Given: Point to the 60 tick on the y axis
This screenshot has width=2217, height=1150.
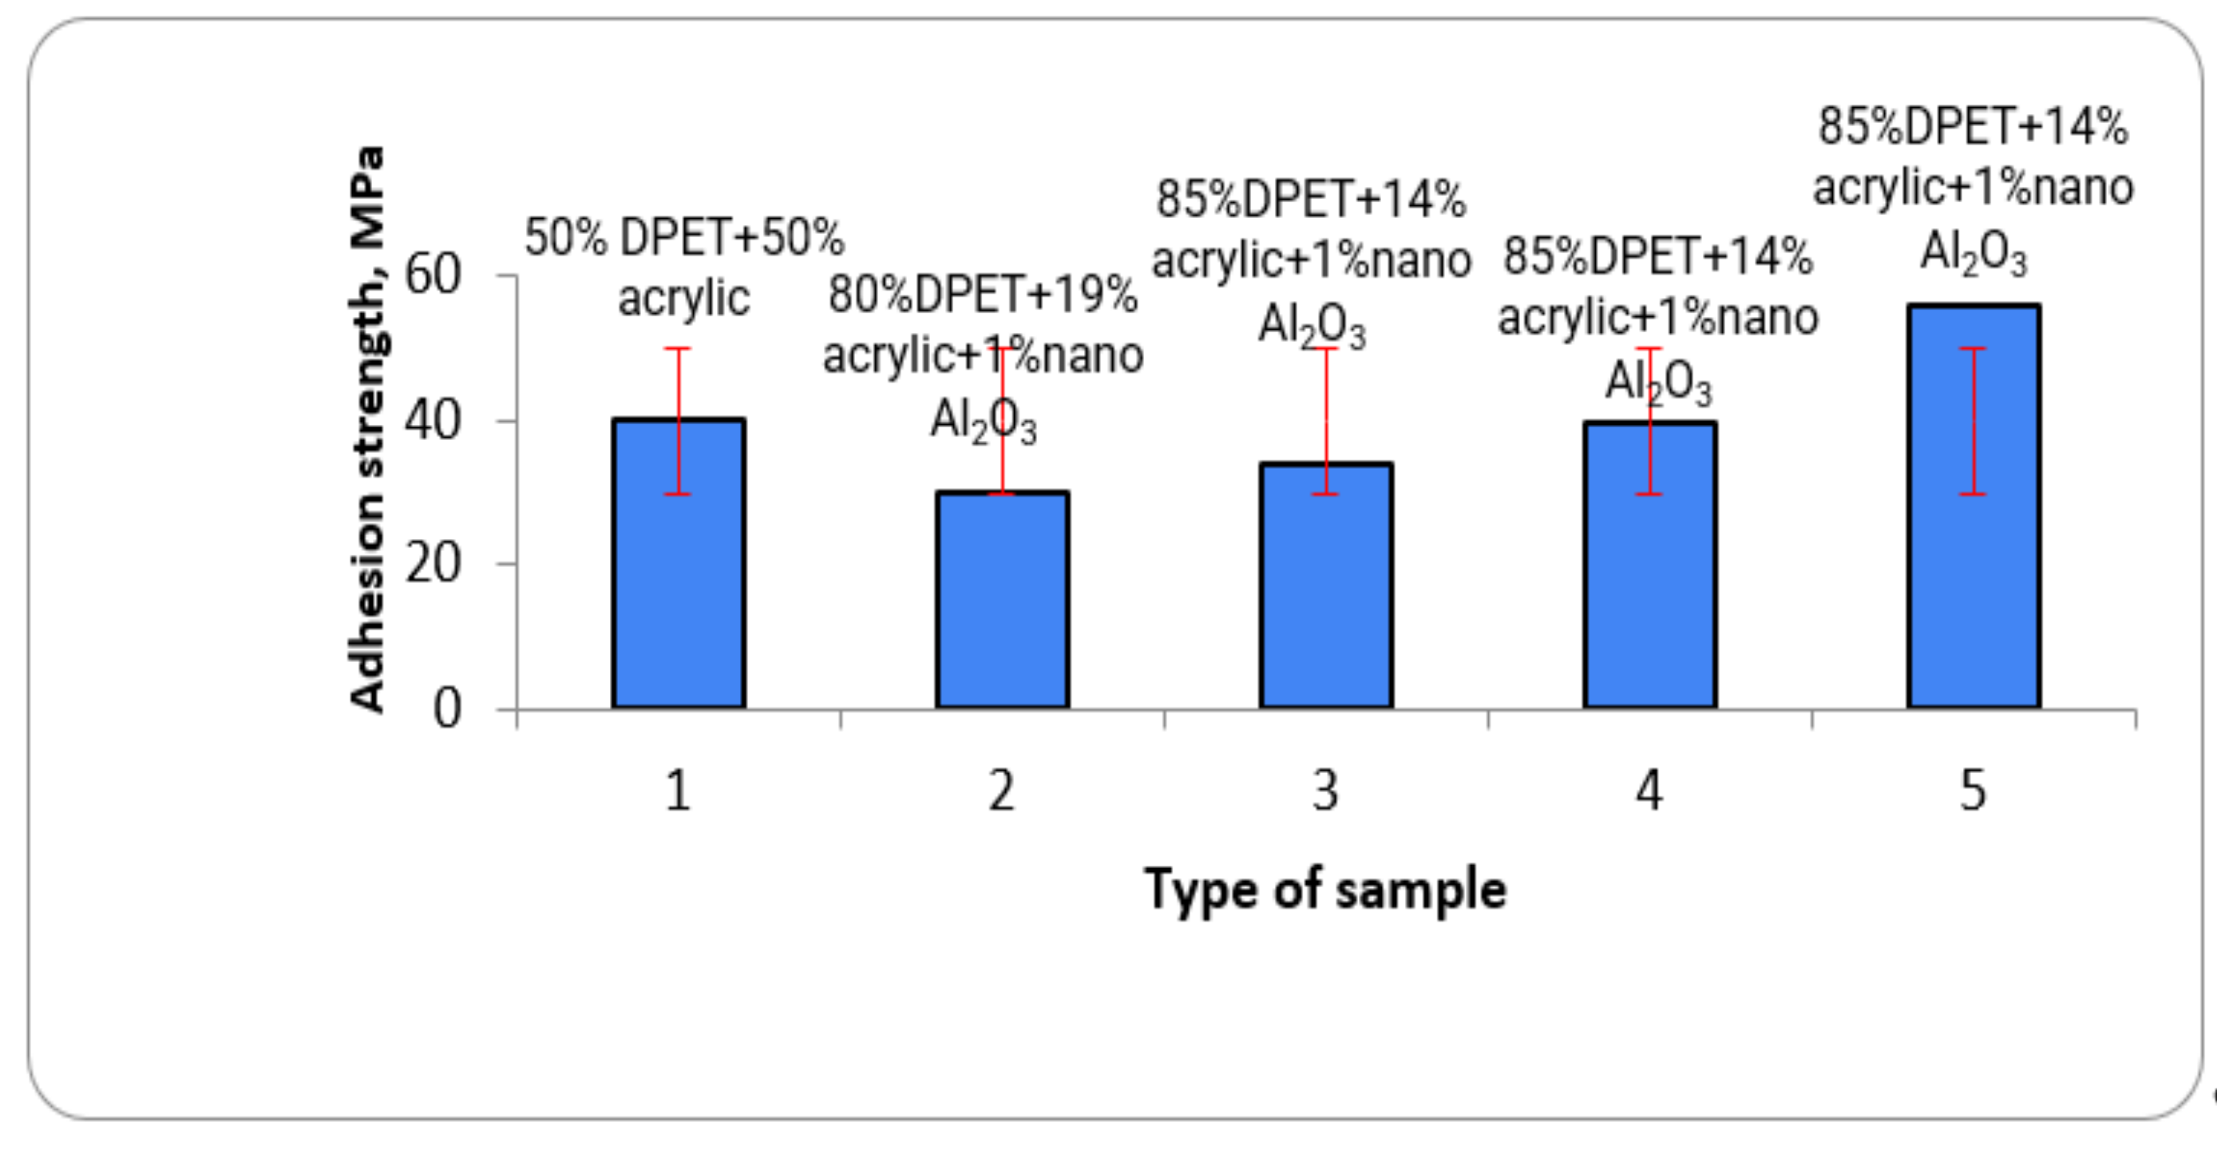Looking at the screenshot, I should tap(433, 276).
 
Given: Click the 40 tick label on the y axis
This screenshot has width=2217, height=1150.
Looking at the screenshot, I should tap(433, 421).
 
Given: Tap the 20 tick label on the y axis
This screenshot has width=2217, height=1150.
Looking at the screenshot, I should tap(433, 565).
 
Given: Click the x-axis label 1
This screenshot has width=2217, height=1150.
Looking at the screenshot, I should tap(678, 790).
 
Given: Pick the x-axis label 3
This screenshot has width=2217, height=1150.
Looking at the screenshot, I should tap(1326, 790).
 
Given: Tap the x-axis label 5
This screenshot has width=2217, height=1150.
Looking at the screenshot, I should tap(1974, 790).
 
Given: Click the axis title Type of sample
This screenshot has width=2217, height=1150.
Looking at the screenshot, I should tap(1325, 889).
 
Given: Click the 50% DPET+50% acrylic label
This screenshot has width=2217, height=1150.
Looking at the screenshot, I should tap(684, 267).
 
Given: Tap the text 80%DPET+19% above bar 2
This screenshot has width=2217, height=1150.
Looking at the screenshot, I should tap(983, 295).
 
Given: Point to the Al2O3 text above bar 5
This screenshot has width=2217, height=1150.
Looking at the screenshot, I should tap(1974, 254).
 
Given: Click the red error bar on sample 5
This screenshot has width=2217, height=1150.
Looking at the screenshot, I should tap(1973, 422).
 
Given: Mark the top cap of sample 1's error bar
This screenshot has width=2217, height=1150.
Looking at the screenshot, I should tap(678, 349).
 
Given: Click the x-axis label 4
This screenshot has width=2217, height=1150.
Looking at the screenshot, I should tap(1650, 790).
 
